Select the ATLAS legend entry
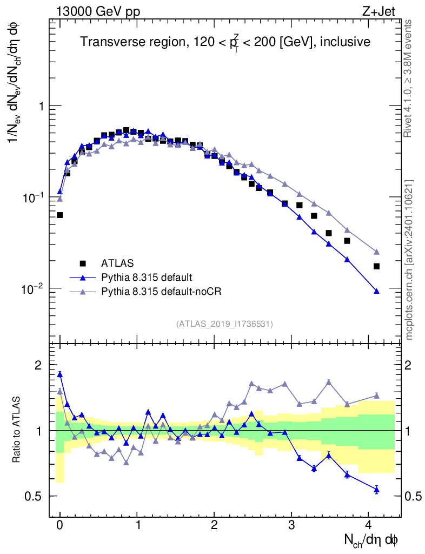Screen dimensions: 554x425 coord(114,263)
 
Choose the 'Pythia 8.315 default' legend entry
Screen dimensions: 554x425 coord(146,278)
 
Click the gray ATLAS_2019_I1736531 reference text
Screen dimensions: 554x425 coord(224,324)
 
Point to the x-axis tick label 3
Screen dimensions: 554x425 coord(291,524)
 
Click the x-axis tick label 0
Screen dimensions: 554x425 coord(60,524)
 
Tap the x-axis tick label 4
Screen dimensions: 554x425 coord(369,524)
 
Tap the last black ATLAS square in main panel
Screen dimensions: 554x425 coord(376,266)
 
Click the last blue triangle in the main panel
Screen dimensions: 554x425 coord(376,291)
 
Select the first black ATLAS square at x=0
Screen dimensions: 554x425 coord(60,215)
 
